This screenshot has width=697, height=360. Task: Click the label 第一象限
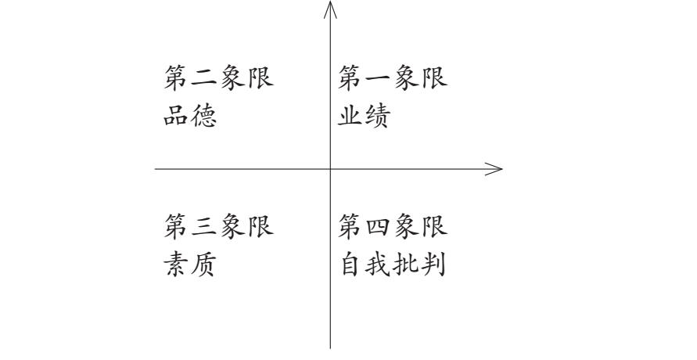(393, 78)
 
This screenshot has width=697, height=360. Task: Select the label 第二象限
(219, 78)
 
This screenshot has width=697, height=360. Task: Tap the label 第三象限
(219, 227)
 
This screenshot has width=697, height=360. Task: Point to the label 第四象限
(393, 227)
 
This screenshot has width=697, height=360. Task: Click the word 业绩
(365, 117)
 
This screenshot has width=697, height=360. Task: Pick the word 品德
(191, 117)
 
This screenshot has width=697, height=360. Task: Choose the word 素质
(191, 266)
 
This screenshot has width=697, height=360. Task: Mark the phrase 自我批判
(393, 266)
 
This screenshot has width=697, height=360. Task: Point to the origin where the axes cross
(330, 168)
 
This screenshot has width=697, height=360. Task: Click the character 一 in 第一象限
(379, 78)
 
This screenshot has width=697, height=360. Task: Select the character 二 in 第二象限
(205, 78)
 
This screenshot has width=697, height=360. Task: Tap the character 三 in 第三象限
(205, 227)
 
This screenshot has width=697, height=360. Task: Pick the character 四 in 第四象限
(379, 227)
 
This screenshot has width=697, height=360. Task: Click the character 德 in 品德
(205, 117)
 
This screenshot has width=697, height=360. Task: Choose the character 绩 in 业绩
(379, 117)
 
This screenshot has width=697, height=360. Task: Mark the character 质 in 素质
(205, 266)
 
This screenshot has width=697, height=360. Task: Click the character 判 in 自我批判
(434, 266)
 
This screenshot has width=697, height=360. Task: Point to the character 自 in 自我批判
(351, 266)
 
